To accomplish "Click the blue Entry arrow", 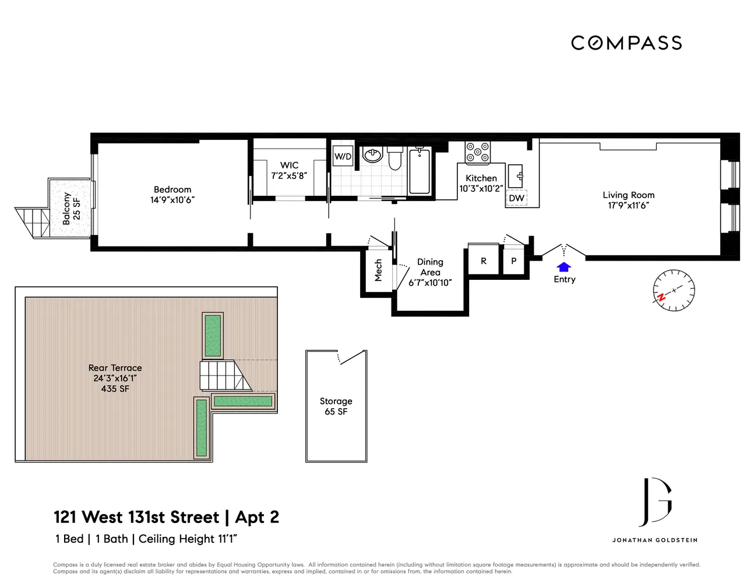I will (563, 267).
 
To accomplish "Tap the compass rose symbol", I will (674, 290).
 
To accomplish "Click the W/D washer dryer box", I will (343, 156).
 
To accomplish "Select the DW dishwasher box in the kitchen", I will (516, 198).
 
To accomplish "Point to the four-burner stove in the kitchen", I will (477, 152).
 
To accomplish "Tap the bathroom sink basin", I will (372, 155).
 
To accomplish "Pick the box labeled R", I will (483, 261).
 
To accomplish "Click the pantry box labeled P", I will (513, 261).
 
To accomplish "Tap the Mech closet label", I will (378, 271).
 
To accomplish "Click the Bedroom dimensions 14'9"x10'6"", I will (172, 200).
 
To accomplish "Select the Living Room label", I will (628, 195).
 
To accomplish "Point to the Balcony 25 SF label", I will (71, 209).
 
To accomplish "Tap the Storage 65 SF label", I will (336, 406).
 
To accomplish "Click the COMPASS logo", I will (626, 43).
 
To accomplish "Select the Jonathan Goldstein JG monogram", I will (655, 502).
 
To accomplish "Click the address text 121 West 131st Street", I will (136, 517).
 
